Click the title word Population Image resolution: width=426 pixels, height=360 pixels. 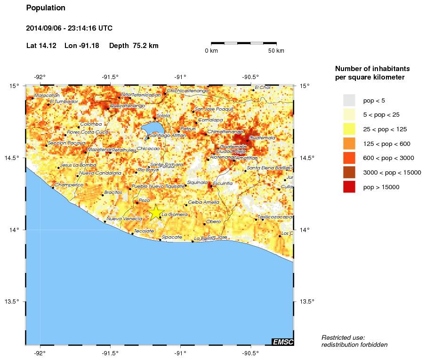coord(46,8)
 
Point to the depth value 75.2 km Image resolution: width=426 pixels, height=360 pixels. coord(146,46)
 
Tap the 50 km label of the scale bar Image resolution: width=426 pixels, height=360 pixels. coord(276,51)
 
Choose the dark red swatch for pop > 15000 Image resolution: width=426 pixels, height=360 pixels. coord(349,187)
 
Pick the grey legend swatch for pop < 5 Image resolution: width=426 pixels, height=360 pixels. coord(349,100)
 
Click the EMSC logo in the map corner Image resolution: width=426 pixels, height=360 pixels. coord(282,342)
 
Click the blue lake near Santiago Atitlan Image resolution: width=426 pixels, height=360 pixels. coord(152,128)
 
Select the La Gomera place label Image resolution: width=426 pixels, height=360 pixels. coord(175,215)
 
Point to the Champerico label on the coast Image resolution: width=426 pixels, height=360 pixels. coord(69,185)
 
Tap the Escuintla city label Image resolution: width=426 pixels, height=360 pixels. coord(223,183)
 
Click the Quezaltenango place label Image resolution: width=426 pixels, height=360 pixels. coord(127,106)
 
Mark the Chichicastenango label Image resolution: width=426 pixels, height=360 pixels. coord(187,90)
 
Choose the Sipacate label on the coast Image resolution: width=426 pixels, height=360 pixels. coord(172,237)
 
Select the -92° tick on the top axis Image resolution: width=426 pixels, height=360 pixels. coord(40,77)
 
